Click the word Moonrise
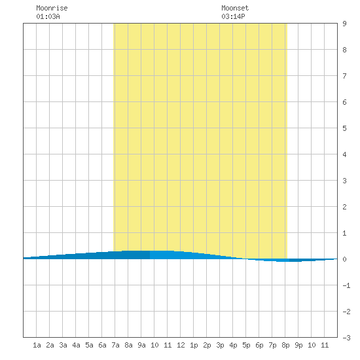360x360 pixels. click(x=52, y=8)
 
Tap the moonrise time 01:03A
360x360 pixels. click(x=48, y=16)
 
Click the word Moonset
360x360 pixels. click(x=235, y=8)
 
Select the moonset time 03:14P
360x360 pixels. click(x=233, y=16)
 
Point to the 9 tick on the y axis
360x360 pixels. click(x=344, y=24)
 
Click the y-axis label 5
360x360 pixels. click(x=344, y=128)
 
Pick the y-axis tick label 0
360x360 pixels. click(x=344, y=259)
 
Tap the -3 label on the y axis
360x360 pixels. click(x=346, y=338)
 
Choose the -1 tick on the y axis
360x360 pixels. click(x=346, y=285)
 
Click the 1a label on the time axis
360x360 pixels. click(x=37, y=345)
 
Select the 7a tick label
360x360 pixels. click(x=115, y=345)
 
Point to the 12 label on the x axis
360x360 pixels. click(x=181, y=345)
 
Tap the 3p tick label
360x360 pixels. click(x=220, y=345)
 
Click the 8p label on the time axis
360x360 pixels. click(x=285, y=345)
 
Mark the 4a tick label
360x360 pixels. click(x=76, y=345)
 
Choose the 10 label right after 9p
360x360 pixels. click(x=312, y=345)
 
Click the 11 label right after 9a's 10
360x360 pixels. click(x=168, y=345)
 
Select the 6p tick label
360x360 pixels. click(x=259, y=345)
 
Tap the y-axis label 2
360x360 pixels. click(x=344, y=207)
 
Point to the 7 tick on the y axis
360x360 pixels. click(x=344, y=76)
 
